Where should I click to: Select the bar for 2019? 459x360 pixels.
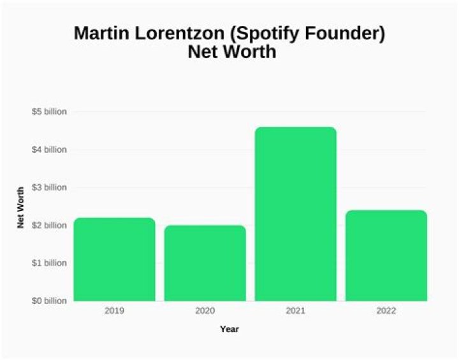pos(114,259)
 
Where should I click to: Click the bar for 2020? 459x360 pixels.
pos(205,263)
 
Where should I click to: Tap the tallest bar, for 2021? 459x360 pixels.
pos(295,214)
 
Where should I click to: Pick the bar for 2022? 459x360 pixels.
pos(386,256)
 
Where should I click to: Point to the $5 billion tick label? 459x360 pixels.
pos(48,112)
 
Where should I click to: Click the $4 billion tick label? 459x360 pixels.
pos(48,150)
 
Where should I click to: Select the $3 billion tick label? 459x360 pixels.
pos(48,187)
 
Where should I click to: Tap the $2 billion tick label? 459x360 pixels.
pos(48,225)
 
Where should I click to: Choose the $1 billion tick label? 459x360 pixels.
pos(48,263)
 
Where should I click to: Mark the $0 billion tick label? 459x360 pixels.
pos(48,300)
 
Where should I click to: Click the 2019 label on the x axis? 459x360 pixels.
pos(114,311)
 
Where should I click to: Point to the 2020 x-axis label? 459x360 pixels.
pos(205,311)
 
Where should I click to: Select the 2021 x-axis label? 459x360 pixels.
pos(295,311)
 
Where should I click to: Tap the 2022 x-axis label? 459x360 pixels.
pos(386,311)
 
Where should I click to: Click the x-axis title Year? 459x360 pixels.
pos(229,329)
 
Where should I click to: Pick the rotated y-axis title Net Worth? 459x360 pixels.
pos(20,207)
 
